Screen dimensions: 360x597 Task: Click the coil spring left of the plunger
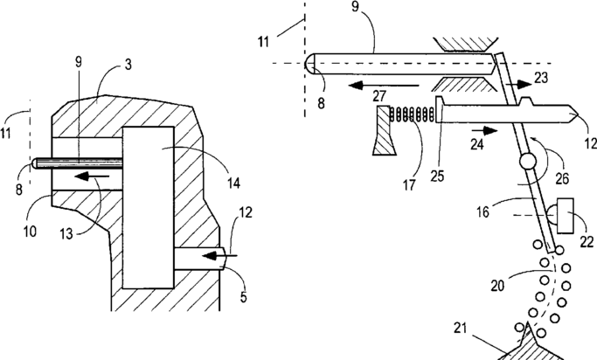pos(413,114)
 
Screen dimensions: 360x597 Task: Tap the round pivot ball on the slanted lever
pos(525,163)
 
